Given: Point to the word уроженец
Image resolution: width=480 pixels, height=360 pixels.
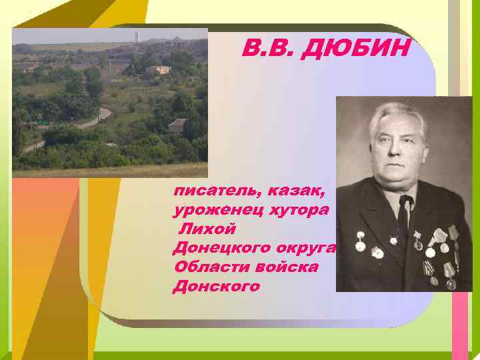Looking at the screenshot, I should tap(213, 211).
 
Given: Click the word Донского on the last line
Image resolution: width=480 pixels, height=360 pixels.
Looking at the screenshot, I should tap(215, 287).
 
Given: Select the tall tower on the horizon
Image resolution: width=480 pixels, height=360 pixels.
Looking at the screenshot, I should tap(137, 37).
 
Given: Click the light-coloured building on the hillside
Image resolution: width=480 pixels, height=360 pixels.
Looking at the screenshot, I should tap(159, 69).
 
